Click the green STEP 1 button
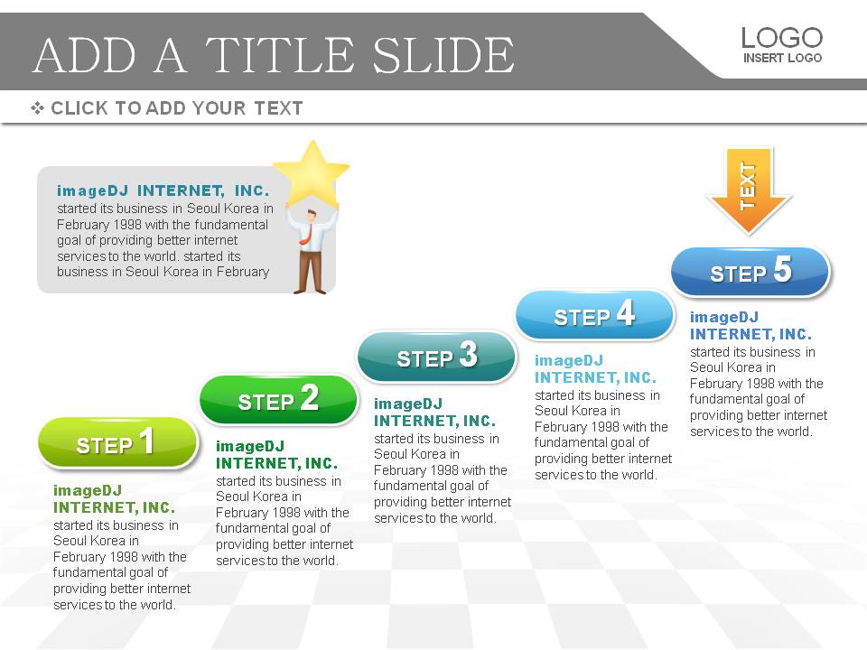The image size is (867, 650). tap(117, 442)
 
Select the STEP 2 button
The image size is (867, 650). tap(278, 400)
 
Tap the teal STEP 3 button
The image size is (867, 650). tap(437, 356)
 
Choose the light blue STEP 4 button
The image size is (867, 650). tap(595, 314)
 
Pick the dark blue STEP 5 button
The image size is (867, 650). tap(750, 272)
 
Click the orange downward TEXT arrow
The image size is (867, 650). tap(749, 190)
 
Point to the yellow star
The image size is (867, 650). tap(312, 172)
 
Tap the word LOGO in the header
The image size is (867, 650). tap(782, 38)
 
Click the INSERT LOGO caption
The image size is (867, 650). tap(782, 58)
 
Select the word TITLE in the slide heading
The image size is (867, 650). tap(280, 55)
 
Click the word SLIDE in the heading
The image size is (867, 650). tap(443, 55)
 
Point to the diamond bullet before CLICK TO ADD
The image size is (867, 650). tap(37, 107)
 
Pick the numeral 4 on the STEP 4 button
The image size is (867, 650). tap(625, 312)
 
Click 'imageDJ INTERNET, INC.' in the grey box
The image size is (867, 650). tap(163, 190)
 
